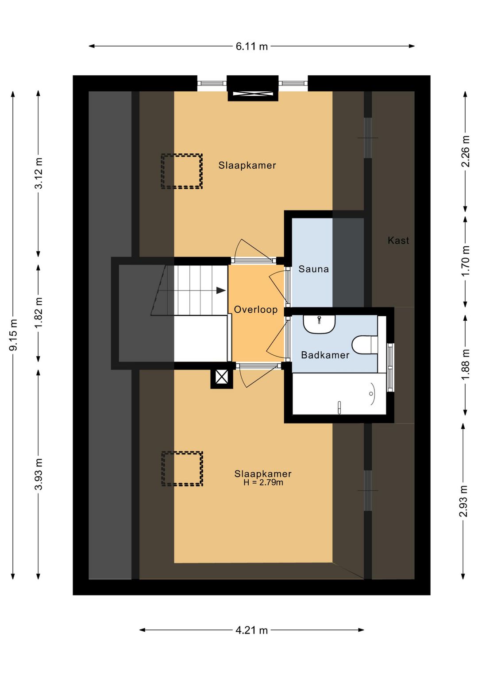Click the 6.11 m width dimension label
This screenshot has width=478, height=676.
(x=251, y=47)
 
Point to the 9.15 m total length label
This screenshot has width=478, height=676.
(x=13, y=334)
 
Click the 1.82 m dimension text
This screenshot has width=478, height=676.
(x=39, y=313)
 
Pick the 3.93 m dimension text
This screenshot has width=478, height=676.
(x=39, y=474)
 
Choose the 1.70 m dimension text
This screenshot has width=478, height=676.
(x=466, y=260)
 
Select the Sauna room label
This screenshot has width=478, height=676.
(x=313, y=269)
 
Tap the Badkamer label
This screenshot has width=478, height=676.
(x=325, y=355)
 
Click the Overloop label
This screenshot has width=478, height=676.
(x=256, y=310)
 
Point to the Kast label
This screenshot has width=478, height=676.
(x=398, y=241)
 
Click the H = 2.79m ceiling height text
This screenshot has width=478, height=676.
(x=263, y=482)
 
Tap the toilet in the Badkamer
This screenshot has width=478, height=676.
(x=365, y=345)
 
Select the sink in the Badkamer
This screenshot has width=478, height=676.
(x=319, y=324)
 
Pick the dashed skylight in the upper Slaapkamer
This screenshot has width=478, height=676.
(x=181, y=171)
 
